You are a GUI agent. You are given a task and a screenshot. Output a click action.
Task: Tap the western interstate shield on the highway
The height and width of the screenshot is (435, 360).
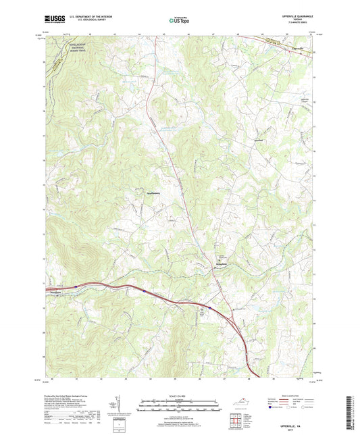pyautogui.click(x=76, y=287)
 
